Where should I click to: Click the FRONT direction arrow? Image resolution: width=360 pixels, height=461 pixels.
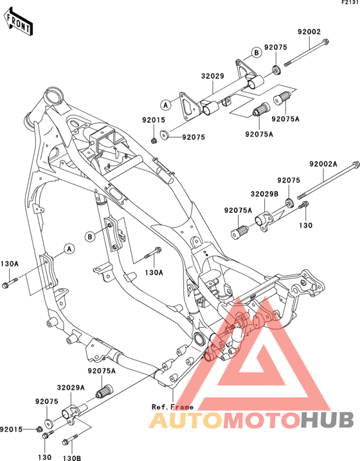point(18,23)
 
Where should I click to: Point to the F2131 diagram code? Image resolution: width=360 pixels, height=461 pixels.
point(351,3)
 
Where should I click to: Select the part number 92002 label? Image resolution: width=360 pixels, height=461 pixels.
point(309,32)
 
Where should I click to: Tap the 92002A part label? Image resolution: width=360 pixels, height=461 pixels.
point(323,164)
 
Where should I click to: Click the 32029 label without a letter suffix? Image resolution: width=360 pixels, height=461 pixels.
point(213,76)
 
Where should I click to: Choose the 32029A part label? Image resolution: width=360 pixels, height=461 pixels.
point(71,388)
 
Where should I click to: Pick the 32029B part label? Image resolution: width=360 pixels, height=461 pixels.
point(264,194)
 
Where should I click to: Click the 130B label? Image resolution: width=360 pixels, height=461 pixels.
point(71,458)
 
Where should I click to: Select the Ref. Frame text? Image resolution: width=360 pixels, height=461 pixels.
point(172,407)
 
